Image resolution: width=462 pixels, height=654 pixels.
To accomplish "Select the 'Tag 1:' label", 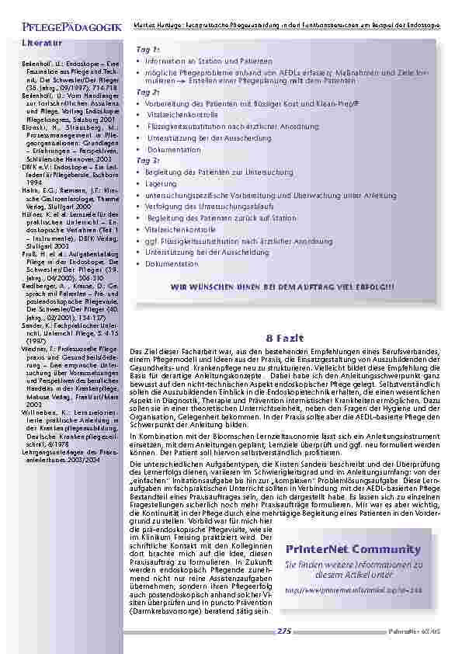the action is click(148, 50).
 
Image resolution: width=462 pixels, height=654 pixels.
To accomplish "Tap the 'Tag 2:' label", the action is click(148, 92).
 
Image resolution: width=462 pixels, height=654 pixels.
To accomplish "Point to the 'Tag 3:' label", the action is click(148, 160).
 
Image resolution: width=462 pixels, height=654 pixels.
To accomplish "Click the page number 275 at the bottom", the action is click(284, 632).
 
